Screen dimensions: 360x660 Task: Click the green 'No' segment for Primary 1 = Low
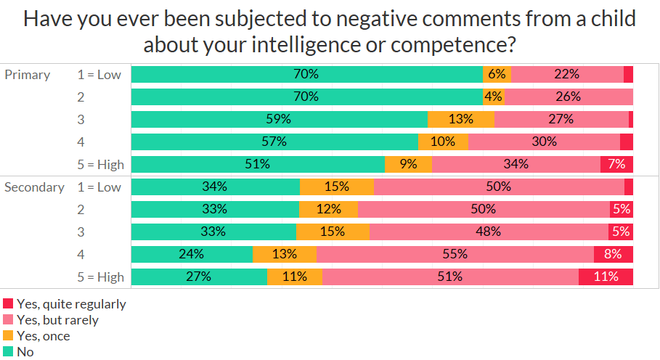[307, 74]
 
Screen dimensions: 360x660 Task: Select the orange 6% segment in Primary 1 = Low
[497, 74]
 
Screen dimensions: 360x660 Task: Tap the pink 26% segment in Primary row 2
[569, 97]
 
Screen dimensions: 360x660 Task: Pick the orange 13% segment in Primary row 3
[461, 119]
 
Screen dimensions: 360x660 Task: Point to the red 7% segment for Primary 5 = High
[616, 164]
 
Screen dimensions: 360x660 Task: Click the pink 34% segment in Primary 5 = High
[516, 164]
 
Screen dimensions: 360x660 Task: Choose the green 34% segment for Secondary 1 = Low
[216, 187]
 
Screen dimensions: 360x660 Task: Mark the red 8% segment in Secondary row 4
[614, 254]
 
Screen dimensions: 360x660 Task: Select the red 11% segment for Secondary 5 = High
[606, 277]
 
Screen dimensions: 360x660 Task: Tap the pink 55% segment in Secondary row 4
[455, 254]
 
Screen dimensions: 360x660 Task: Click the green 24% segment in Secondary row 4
[192, 254]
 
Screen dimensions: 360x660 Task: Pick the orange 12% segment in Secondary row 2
[328, 209]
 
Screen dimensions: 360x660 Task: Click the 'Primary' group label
[28, 74]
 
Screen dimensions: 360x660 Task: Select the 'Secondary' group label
[34, 187]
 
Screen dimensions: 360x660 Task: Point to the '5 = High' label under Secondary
[100, 277]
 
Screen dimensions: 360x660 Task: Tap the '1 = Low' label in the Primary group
[99, 74]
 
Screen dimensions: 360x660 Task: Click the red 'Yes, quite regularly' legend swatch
[8, 304]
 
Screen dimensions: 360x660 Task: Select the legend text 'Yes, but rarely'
[57, 320]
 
